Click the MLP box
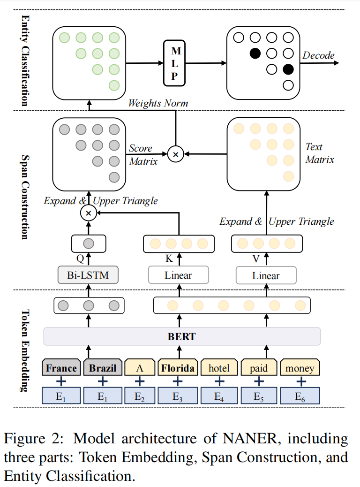(174, 63)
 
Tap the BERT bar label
(181, 336)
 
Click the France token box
(61, 368)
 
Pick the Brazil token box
(103, 368)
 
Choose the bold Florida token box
(178, 368)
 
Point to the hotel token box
(219, 368)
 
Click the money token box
(300, 368)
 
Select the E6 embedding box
(300, 396)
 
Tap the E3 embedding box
(178, 396)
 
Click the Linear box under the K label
(178, 275)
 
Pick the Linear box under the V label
(266, 275)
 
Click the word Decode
(318, 55)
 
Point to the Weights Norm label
(158, 103)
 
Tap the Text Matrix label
(320, 153)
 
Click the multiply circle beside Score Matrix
(175, 154)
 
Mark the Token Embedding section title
(24, 350)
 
